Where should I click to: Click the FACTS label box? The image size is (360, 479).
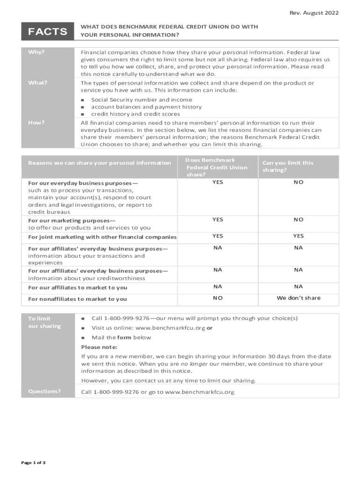pyautogui.click(x=47, y=31)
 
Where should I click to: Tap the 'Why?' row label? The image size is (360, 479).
pyautogui.click(x=36, y=52)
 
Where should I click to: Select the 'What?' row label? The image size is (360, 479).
pyautogui.click(x=38, y=83)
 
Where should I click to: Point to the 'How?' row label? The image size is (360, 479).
pyautogui.click(x=36, y=123)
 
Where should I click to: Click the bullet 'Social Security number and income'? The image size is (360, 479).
pyautogui.click(x=141, y=100)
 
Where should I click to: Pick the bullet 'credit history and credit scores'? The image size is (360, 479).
pyautogui.click(x=135, y=114)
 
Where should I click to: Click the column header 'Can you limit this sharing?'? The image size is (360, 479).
pyautogui.click(x=288, y=166)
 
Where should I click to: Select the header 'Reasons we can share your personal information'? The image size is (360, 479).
pyautogui.click(x=100, y=163)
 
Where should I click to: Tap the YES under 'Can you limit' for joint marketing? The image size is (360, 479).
pyautogui.click(x=298, y=236)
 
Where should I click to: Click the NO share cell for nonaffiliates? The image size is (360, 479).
pyautogui.click(x=217, y=298)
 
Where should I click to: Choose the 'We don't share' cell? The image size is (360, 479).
pyautogui.click(x=298, y=298)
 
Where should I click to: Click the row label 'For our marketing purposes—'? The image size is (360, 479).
pyautogui.click(x=72, y=220)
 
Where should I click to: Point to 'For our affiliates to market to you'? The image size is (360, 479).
pyautogui.click(x=78, y=288)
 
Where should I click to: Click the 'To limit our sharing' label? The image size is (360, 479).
pyautogui.click(x=44, y=322)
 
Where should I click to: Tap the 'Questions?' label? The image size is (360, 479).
pyautogui.click(x=44, y=391)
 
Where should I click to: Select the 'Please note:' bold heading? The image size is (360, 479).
pyautogui.click(x=99, y=347)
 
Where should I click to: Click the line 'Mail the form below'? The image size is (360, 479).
pyautogui.click(x=121, y=337)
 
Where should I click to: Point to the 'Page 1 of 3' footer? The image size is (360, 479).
pyautogui.click(x=33, y=463)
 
